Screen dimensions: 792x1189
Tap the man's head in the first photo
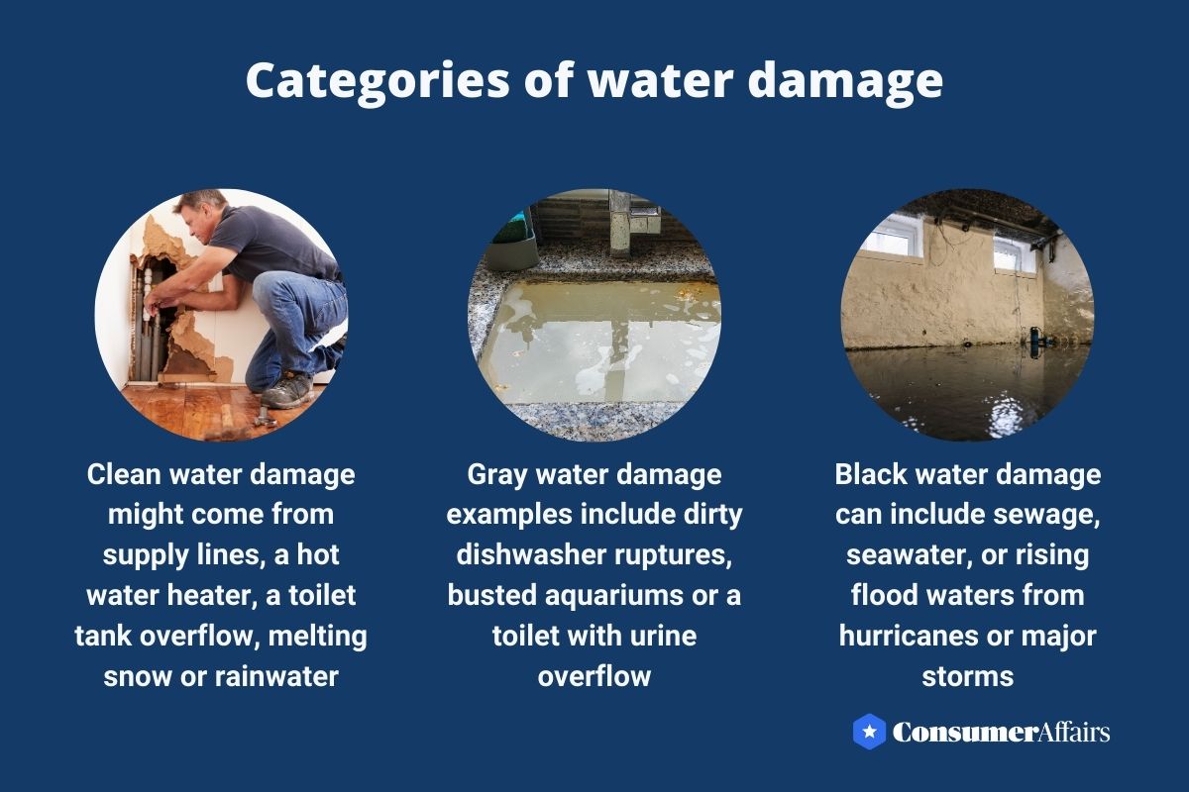(198, 213)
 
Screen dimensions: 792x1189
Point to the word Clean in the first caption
(123, 474)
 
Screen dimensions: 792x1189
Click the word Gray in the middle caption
(498, 474)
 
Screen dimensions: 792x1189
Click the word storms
(967, 676)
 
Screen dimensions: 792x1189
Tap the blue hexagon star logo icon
(869, 732)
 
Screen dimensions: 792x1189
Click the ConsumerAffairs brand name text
(1001, 733)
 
